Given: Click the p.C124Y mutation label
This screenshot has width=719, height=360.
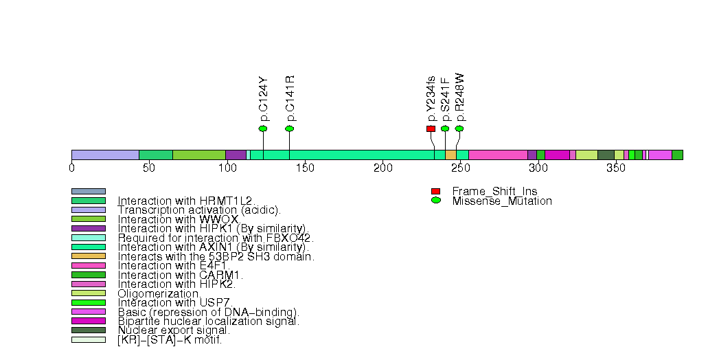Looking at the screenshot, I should (x=264, y=99).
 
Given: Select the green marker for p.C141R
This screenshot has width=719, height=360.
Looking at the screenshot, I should (x=289, y=128).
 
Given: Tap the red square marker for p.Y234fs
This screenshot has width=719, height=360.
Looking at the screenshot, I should (x=431, y=128).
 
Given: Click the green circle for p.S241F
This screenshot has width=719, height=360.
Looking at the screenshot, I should (x=445, y=128).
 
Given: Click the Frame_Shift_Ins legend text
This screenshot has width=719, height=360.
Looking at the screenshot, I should (x=494, y=191).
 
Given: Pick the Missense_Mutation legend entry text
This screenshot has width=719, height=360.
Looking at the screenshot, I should (x=502, y=201).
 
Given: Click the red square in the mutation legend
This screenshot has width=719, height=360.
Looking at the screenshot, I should (x=435, y=191).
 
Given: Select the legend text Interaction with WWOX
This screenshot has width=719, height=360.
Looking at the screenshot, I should (x=178, y=219).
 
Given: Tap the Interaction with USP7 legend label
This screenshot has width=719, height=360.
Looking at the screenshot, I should (x=175, y=302).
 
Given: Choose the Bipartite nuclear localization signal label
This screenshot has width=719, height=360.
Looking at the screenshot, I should (x=209, y=321).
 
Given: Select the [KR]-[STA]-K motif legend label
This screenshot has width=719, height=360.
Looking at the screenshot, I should (x=170, y=339).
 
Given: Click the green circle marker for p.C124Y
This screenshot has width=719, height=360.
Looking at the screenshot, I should (x=263, y=128).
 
